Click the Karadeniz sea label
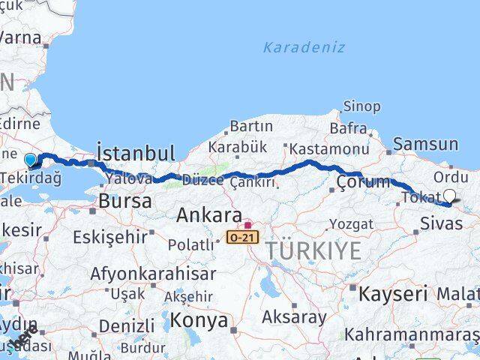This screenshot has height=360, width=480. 304,47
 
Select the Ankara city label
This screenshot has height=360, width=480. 209,216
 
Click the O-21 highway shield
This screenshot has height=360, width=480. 241,237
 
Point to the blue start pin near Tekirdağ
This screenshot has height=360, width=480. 30,160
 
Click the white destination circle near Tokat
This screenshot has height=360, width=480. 449,197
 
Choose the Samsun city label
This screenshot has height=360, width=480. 425,144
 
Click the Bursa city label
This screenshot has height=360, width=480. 125,202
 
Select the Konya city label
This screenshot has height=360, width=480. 199,320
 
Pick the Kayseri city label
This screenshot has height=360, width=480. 392,293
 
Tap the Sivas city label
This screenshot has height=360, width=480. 442,223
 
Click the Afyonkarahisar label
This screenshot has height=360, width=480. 153,274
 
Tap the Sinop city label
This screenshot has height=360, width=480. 361,106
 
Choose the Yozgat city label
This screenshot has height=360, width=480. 350,223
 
